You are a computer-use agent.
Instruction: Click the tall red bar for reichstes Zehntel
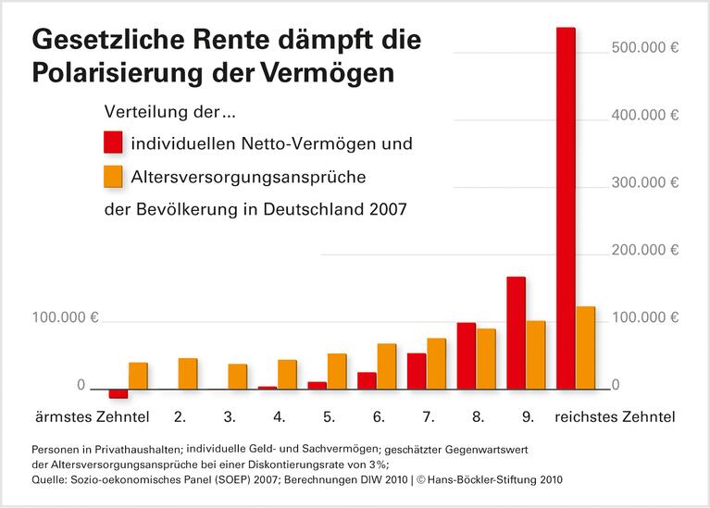pyautogui.click(x=566, y=208)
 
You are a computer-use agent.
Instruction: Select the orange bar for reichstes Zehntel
pyautogui.click(x=585, y=348)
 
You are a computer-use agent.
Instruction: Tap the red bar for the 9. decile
pyautogui.click(x=516, y=333)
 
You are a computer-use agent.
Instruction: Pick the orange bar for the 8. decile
pyautogui.click(x=486, y=359)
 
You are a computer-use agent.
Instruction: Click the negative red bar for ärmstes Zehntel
pyautogui.click(x=118, y=393)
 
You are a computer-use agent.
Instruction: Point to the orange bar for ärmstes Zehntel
pyautogui.click(x=138, y=376)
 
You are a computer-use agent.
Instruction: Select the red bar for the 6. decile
pyautogui.click(x=367, y=380)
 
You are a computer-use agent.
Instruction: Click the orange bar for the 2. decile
pyautogui.click(x=188, y=373)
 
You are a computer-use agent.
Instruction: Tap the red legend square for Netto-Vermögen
pyautogui.click(x=113, y=143)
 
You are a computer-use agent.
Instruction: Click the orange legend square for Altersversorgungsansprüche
pyautogui.click(x=113, y=176)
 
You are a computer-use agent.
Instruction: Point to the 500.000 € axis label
pyautogui.click(x=645, y=48)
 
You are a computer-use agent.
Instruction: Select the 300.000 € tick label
pyautogui.click(x=645, y=183)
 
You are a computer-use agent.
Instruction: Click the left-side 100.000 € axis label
pyautogui.click(x=66, y=317)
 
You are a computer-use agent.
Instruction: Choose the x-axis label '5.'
pyautogui.click(x=329, y=417)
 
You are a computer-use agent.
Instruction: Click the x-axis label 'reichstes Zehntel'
pyautogui.click(x=615, y=417)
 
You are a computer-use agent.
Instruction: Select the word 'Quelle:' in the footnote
pyautogui.click(x=51, y=479)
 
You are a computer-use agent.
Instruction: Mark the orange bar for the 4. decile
pyautogui.click(x=287, y=375)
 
